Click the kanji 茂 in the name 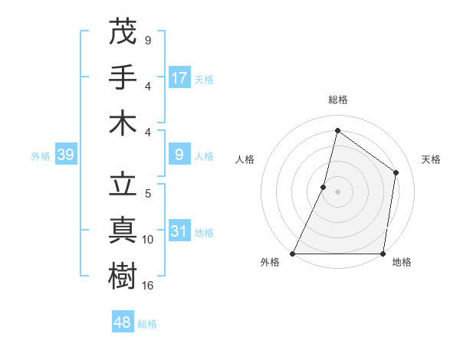click(123, 31)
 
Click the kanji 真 click(123, 231)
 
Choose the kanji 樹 click(123, 277)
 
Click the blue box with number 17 click(179, 77)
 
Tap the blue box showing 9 click(179, 155)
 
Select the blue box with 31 click(179, 231)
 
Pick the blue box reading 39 click(65, 155)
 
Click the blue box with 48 click(123, 322)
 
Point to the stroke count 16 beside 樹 click(148, 286)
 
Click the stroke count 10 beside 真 click(148, 240)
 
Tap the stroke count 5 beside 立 click(148, 194)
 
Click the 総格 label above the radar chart click(337, 100)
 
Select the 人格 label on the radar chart click(245, 159)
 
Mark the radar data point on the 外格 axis click(293, 254)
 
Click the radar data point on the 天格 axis click(396, 172)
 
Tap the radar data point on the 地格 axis click(383, 254)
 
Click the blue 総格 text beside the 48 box click(147, 324)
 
